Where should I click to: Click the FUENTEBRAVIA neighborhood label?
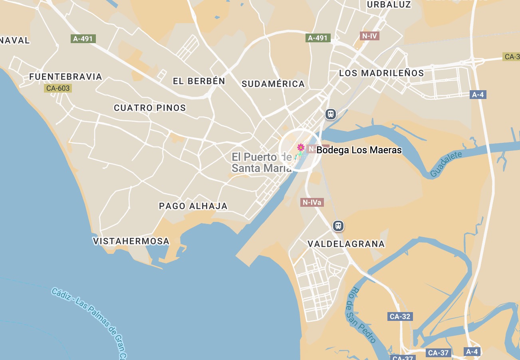[x=66, y=77]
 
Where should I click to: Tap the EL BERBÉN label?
[x=199, y=81]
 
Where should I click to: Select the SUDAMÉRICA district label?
[x=273, y=84]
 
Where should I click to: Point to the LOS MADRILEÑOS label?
[x=381, y=73]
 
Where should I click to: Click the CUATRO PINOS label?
[x=150, y=108]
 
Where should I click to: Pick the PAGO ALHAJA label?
[x=193, y=206]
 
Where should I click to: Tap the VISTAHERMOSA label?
[x=131, y=241]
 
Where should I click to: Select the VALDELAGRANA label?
[x=346, y=244]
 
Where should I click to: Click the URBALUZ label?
[x=389, y=5]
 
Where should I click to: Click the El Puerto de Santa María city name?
[x=262, y=162]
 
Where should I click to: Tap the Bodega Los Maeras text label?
[x=359, y=150]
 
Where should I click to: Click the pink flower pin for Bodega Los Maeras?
[x=301, y=148]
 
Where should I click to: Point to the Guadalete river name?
[x=446, y=164]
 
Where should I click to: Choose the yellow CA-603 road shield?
[x=58, y=88]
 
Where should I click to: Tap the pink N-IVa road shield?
[x=312, y=203]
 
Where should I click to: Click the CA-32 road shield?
[x=400, y=316]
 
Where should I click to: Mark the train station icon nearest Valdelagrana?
[x=338, y=226]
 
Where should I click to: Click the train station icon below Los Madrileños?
[x=330, y=114]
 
